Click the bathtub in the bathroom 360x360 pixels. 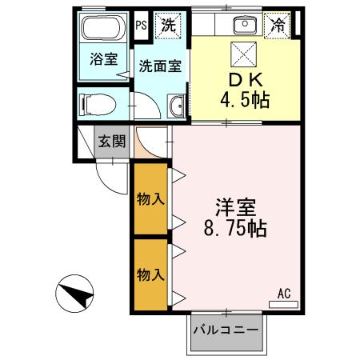coord(103,30)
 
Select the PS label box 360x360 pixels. coord(141,24)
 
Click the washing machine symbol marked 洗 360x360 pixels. coord(168,24)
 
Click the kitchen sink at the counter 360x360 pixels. coord(240,25)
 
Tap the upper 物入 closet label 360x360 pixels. coord(150,198)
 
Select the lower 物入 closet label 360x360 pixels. coord(150,274)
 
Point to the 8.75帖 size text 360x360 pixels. coord(234,226)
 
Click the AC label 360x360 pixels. coord(283,293)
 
